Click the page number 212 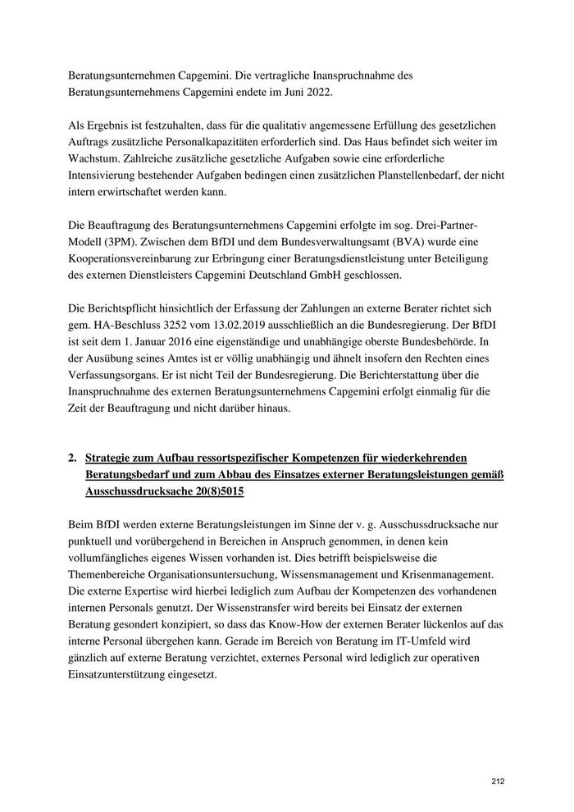point(498,781)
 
